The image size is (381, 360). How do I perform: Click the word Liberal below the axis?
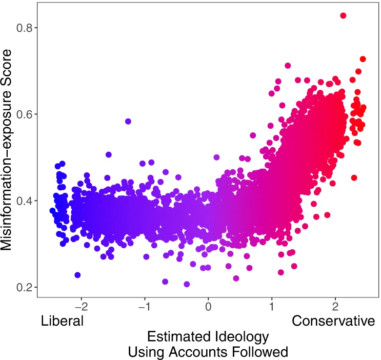click(x=62, y=322)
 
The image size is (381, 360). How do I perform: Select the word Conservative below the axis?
click(x=333, y=322)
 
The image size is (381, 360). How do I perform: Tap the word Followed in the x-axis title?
click(x=263, y=352)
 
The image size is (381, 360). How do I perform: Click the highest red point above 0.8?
click(x=343, y=16)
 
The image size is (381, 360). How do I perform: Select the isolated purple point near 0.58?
click(x=128, y=122)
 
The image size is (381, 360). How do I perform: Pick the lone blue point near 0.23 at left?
click(x=77, y=275)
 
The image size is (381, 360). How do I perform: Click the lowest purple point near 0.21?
click(x=187, y=284)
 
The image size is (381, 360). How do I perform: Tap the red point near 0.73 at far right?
click(x=363, y=59)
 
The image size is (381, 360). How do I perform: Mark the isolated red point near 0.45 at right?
click(x=354, y=178)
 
